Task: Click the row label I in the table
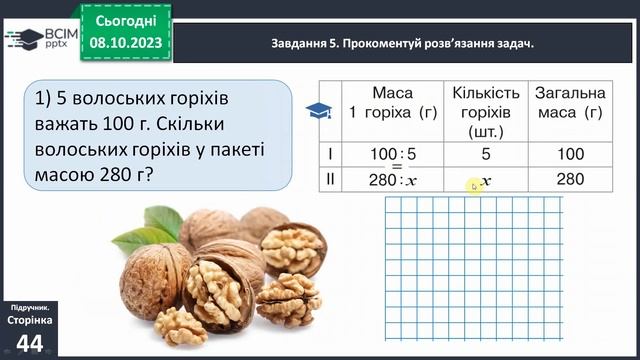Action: click(330, 155)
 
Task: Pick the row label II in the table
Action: click(330, 180)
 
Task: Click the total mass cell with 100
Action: click(569, 155)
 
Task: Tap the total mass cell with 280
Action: click(569, 180)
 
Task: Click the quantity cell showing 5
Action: click(485, 155)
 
